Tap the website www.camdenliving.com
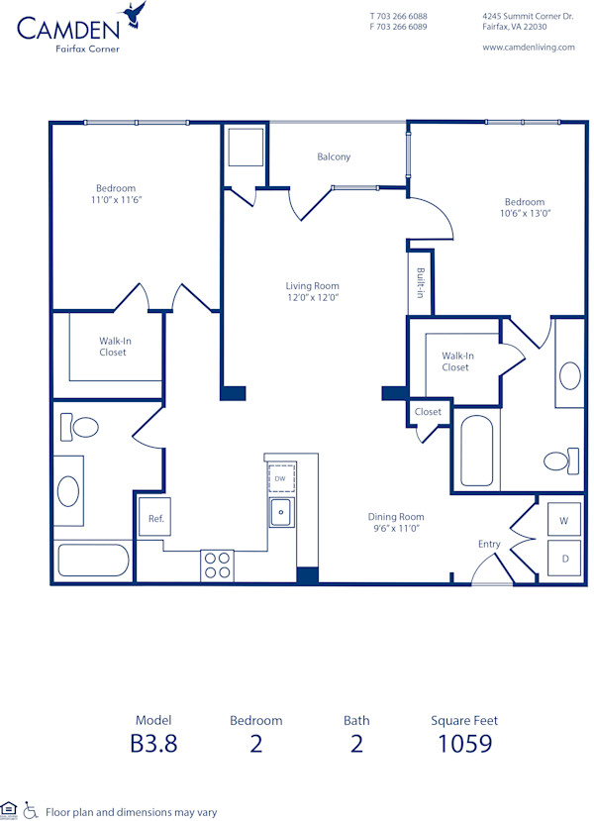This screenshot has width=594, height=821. pyautogui.click(x=528, y=47)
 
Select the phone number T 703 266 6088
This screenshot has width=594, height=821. pyautogui.click(x=398, y=17)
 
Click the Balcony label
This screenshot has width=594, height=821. pyautogui.click(x=334, y=156)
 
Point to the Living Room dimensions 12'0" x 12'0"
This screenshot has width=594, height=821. pyautogui.click(x=313, y=297)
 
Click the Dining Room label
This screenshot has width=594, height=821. pyautogui.click(x=396, y=517)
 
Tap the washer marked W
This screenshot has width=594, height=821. pyautogui.click(x=563, y=520)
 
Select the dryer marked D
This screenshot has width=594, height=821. pyautogui.click(x=564, y=559)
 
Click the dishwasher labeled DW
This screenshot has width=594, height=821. pyautogui.click(x=280, y=478)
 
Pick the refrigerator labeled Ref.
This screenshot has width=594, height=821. pyautogui.click(x=155, y=518)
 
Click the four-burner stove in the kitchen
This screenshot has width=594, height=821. pyautogui.click(x=217, y=564)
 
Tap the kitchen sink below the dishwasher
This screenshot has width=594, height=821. pyautogui.click(x=281, y=512)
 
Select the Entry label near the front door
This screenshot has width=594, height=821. pyautogui.click(x=489, y=544)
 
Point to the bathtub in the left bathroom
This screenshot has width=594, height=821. pyautogui.click(x=92, y=561)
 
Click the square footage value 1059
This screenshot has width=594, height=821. pyautogui.click(x=464, y=744)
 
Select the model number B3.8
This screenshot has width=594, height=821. pyautogui.click(x=153, y=744)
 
